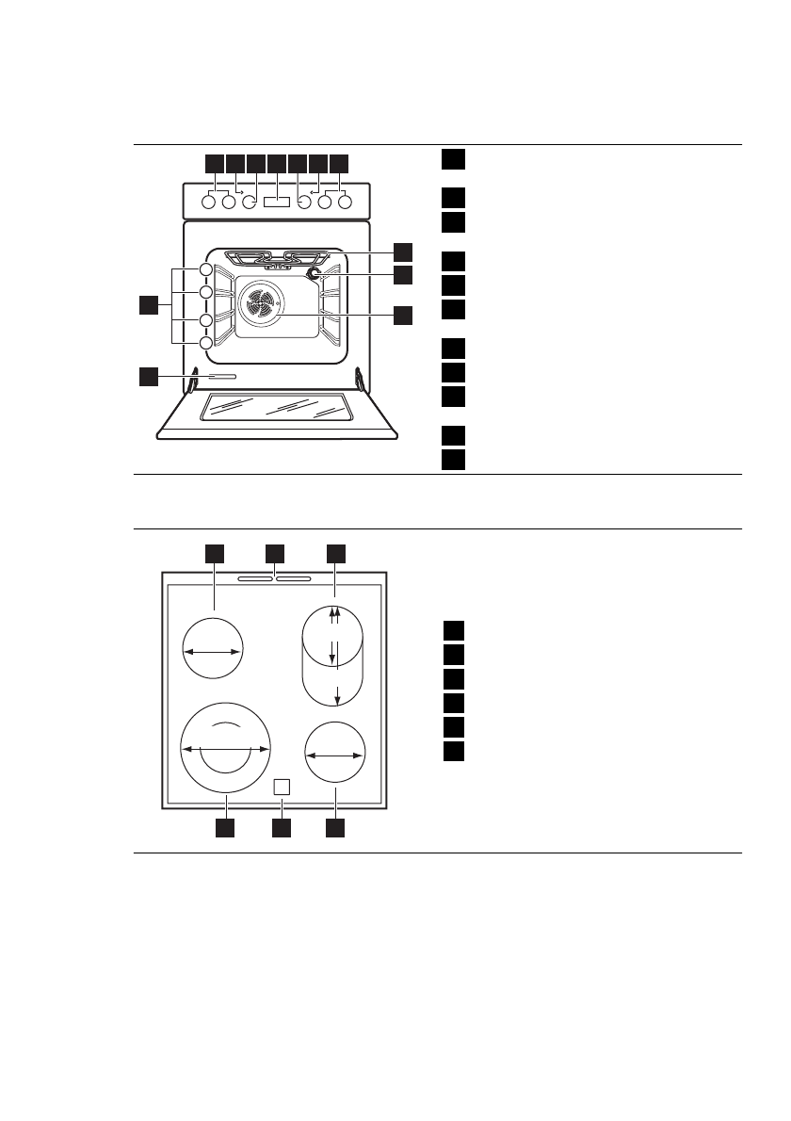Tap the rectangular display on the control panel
pos(277,201)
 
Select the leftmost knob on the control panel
pos(209,201)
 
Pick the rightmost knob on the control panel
pos(345,201)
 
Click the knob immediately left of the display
pos(250,201)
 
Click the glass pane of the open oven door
pos(276,407)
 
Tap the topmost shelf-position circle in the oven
pos(205,271)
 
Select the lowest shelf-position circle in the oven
pos(205,343)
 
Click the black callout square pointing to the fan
pos(402,316)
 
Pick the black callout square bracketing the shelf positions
pos(148,304)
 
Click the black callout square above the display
pos(277,163)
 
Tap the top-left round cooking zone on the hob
pos(213,649)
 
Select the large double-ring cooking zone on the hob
pos(226,748)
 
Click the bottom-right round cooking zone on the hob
pos(335,754)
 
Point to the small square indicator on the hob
pos(281,788)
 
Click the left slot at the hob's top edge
pos(254,579)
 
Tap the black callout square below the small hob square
pos(281,828)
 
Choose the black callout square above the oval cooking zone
pos(335,553)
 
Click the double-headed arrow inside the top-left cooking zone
pos(213,650)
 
